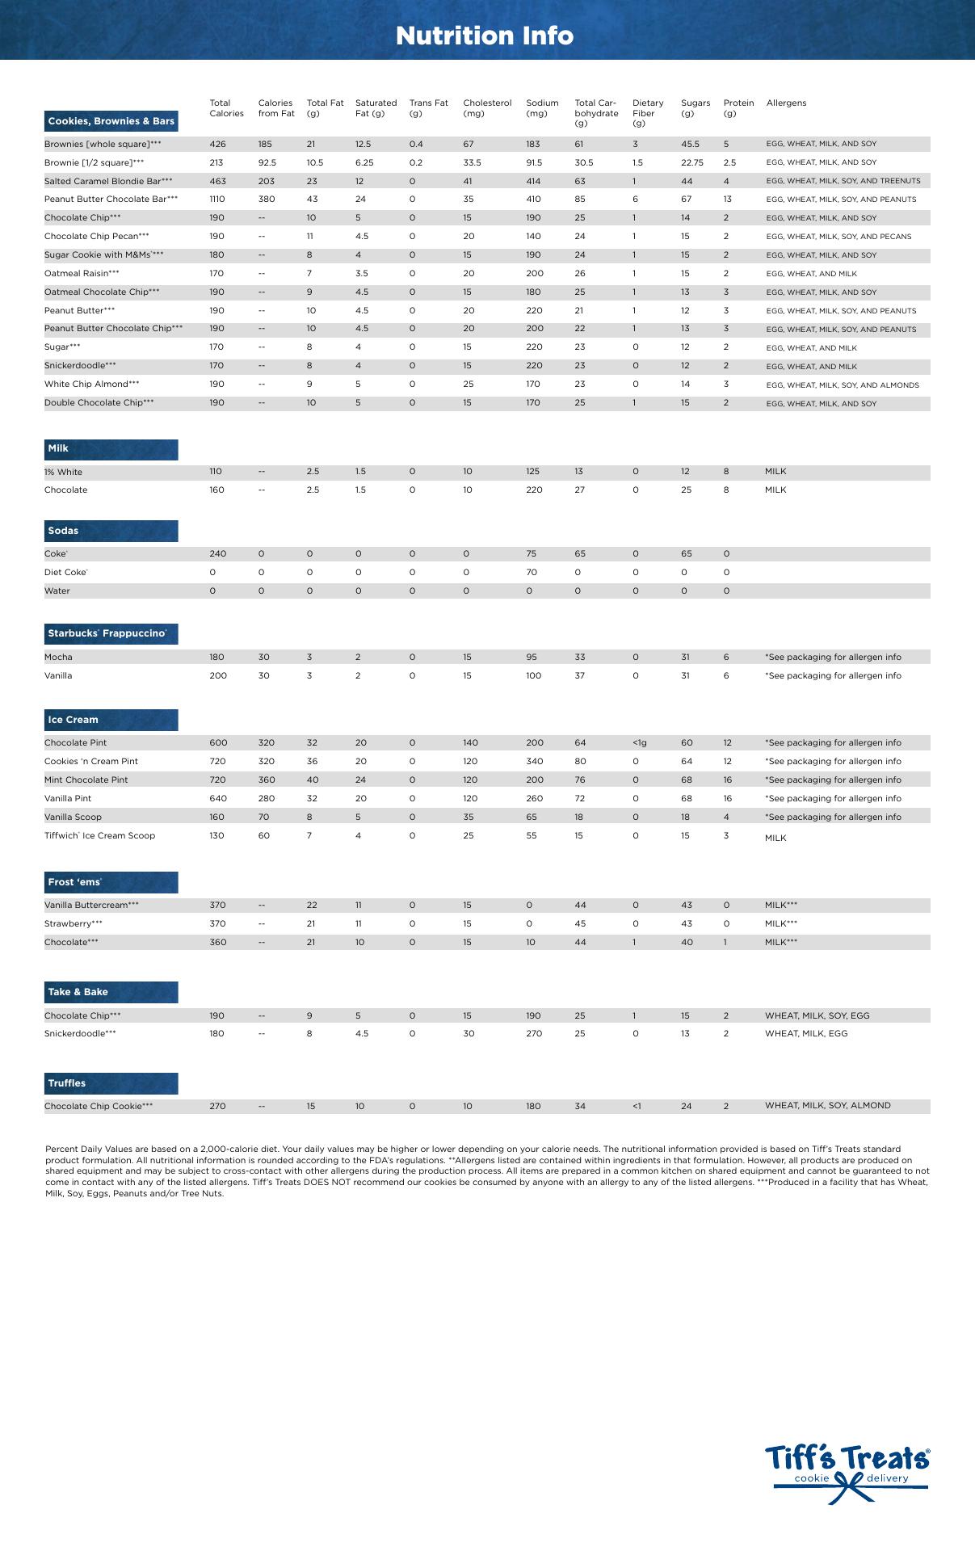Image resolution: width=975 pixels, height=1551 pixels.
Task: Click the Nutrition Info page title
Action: (485, 36)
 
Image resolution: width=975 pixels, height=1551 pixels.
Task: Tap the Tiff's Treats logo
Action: (847, 1473)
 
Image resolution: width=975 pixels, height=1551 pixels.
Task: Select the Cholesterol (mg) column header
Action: (487, 108)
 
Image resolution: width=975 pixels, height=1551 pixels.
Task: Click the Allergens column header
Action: (786, 103)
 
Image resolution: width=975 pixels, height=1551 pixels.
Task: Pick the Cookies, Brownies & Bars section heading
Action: (111, 121)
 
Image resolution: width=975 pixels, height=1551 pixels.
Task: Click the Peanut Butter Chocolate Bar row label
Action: (111, 199)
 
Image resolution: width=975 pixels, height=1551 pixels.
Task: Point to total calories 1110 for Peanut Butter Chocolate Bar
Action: (217, 199)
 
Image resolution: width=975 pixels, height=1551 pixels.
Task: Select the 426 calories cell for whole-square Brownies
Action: (217, 144)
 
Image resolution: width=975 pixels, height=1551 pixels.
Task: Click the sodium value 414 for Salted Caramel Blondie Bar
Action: (534, 181)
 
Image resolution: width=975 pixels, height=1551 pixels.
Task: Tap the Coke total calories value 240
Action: (218, 554)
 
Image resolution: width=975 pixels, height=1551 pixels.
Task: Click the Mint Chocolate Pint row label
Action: (86, 780)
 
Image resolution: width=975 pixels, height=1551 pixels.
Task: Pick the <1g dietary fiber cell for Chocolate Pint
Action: (639, 742)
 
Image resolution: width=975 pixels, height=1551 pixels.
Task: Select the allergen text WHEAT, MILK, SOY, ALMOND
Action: (828, 1106)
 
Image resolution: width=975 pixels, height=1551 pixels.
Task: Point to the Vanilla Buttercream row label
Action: (91, 906)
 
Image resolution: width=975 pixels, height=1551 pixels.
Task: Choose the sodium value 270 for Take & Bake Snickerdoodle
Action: (534, 1034)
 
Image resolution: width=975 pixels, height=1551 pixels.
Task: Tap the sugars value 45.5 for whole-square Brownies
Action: (690, 144)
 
